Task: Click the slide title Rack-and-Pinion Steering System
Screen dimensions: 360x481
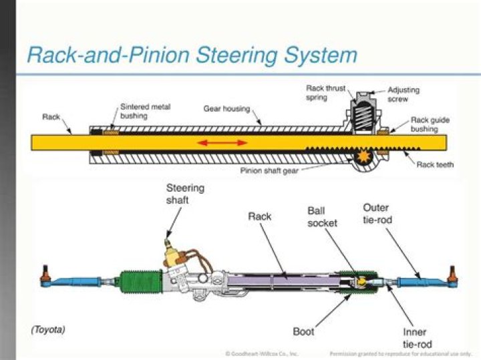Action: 192,55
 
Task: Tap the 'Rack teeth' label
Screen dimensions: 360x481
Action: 435,164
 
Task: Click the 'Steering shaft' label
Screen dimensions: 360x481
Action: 185,194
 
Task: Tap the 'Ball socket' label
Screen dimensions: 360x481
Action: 323,216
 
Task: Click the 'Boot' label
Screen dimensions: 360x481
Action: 303,331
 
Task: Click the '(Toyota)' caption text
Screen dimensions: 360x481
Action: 49,329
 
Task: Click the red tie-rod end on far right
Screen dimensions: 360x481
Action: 452,275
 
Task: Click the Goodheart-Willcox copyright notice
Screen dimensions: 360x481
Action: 262,353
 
